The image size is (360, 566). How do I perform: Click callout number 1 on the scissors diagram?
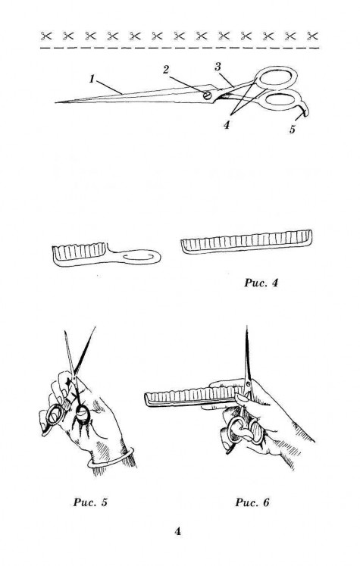tap(92, 79)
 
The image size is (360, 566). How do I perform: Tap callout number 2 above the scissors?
tap(166, 70)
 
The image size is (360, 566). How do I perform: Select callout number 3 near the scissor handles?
tap(218, 67)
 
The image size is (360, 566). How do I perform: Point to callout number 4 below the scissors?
tap(227, 125)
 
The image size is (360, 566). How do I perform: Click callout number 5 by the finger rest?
tap(292, 129)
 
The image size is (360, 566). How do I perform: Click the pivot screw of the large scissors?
tap(207, 95)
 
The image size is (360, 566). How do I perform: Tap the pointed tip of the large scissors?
tap(55, 102)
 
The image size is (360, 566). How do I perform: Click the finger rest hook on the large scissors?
tap(305, 108)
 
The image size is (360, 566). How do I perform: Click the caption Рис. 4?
tap(261, 283)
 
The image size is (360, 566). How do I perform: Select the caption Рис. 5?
tap(91, 502)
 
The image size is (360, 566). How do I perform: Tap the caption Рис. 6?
tap(252, 502)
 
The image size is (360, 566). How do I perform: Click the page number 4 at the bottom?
tap(177, 531)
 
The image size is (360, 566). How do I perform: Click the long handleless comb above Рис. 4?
tap(246, 242)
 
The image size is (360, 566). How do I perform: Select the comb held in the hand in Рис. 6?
tap(192, 396)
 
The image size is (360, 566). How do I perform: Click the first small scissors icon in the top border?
tap(46, 36)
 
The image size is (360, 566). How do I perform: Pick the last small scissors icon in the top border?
tap(313, 36)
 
